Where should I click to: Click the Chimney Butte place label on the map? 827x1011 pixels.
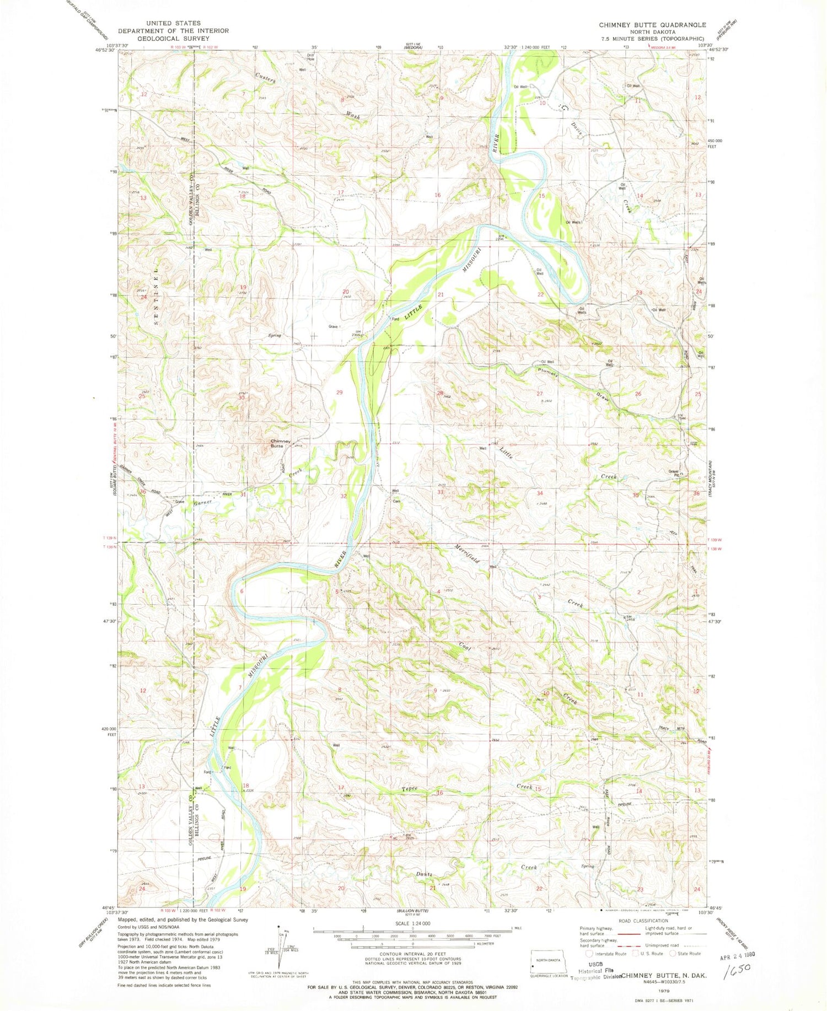(x=277, y=443)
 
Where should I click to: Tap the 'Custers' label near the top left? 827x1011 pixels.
(x=265, y=78)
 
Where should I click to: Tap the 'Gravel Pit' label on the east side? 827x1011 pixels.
(x=675, y=472)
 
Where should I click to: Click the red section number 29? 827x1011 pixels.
(x=340, y=392)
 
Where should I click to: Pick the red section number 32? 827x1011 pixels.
(x=343, y=496)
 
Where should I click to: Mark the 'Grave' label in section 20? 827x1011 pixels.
(x=333, y=327)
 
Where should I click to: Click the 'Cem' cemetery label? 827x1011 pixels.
(x=396, y=502)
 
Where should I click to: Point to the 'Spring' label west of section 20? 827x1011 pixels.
(x=274, y=335)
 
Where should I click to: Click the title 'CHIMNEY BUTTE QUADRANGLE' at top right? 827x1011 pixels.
(x=652, y=25)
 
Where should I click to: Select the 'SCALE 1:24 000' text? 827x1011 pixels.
(x=413, y=923)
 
